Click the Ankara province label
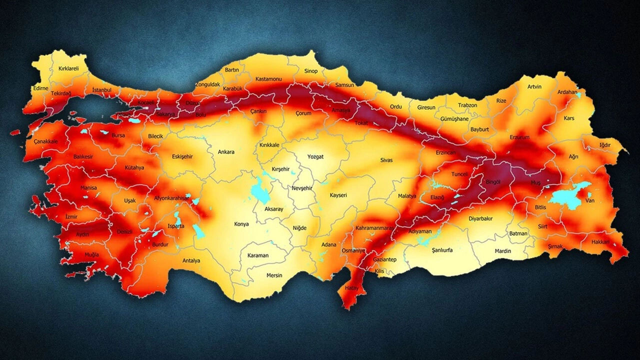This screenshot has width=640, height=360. [x=226, y=152]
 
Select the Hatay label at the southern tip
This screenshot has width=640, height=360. [x=351, y=288]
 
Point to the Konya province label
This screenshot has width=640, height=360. [x=241, y=224]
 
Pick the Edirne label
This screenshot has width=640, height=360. [x=40, y=88]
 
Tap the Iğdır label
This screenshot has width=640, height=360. [x=605, y=145]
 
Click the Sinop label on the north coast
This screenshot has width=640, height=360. [x=310, y=71]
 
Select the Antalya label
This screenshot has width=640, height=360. [x=191, y=260]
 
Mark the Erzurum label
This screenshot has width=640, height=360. [x=519, y=137]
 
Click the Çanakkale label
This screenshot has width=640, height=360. [x=46, y=141]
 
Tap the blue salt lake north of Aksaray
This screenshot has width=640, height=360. [x=259, y=191]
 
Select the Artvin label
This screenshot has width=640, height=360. [x=534, y=86]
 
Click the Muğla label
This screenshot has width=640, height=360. [x=91, y=254]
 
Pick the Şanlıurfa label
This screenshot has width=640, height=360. [x=442, y=250]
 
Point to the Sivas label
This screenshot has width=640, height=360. [x=386, y=160]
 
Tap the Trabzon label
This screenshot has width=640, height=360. [x=468, y=105]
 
